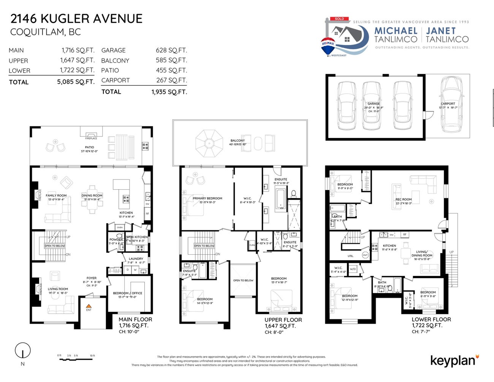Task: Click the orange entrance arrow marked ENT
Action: tap(89, 306)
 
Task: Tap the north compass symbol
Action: tap(22, 350)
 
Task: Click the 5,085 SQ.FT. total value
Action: tap(76, 82)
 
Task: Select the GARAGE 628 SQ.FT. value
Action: tap(171, 50)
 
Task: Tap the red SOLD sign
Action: tap(339, 19)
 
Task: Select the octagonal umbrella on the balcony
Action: tap(209, 143)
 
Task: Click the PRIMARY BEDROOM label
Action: tap(207, 198)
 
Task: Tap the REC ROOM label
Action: tap(403, 199)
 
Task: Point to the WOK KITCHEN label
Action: tap(137, 237)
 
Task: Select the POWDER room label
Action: tap(116, 239)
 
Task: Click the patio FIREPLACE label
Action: tap(91, 138)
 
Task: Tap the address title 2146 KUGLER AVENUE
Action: tap(76, 19)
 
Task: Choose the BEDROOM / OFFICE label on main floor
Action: tap(127, 293)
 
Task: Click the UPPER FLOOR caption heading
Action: tap(283, 320)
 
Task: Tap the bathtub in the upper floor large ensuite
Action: tap(280, 199)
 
